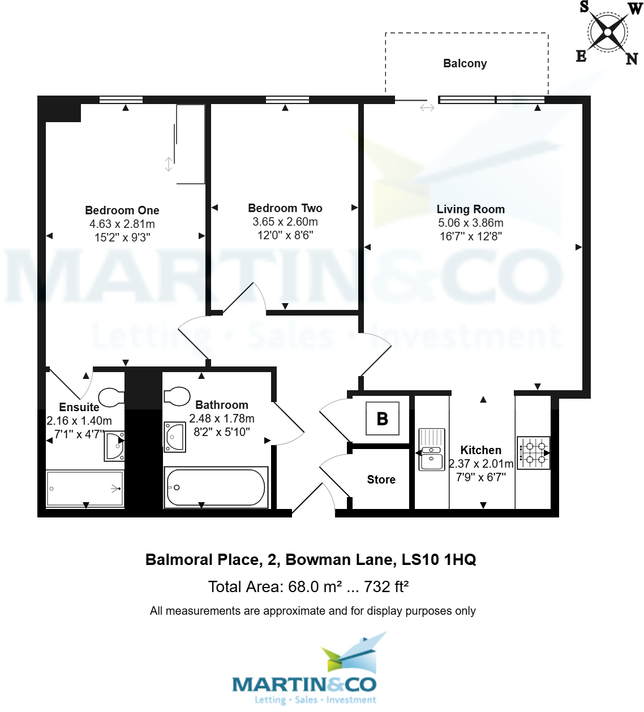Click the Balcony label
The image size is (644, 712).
[465, 63]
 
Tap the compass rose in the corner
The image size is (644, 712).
[608, 32]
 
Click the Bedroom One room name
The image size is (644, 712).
[122, 210]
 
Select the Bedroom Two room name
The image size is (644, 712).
[285, 208]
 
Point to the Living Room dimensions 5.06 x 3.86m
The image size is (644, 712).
[471, 223]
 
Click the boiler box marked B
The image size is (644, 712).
[383, 418]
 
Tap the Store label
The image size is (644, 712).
[381, 480]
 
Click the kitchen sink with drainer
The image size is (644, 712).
[432, 450]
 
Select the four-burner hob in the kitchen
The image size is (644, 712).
[534, 453]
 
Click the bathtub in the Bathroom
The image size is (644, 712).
[216, 487]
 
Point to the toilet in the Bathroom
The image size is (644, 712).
[176, 396]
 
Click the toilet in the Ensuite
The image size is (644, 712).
[111, 398]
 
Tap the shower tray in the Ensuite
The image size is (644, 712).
[85, 489]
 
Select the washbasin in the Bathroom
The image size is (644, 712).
[174, 437]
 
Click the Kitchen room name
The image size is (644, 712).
[481, 450]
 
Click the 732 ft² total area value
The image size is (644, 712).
[386, 587]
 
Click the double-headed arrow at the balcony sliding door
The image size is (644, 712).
[427, 107]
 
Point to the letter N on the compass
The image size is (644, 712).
[632, 59]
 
